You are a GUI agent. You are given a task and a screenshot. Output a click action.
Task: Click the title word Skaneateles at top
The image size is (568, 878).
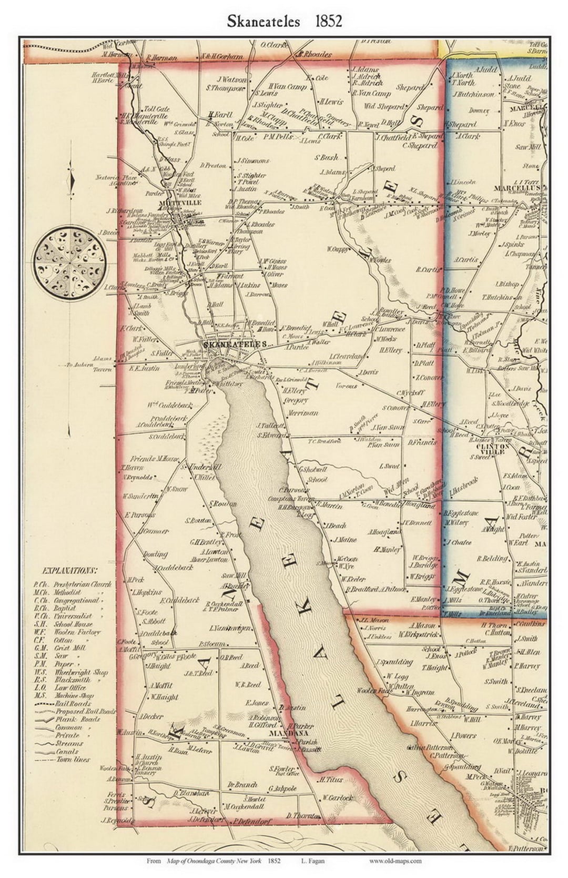(x=263, y=21)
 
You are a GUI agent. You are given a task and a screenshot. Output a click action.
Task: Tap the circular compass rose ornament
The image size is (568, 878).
(x=70, y=261)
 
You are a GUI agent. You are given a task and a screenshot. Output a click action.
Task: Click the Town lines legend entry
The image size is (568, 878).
(x=73, y=760)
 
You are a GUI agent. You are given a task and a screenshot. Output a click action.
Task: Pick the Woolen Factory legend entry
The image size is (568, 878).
(x=74, y=632)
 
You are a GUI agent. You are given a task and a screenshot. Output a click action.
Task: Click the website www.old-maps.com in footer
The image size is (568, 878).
(x=395, y=861)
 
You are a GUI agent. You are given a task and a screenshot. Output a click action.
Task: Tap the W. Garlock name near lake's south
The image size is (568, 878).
(x=337, y=798)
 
